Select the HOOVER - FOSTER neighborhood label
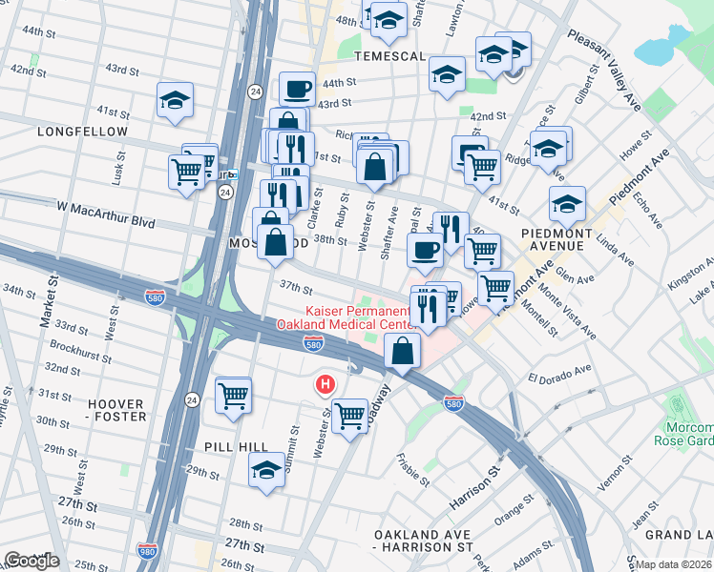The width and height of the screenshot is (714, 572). (x=116, y=410)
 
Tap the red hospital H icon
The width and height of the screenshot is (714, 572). (x=325, y=384)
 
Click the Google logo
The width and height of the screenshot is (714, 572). (x=31, y=561)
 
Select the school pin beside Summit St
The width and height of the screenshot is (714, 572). (x=266, y=467)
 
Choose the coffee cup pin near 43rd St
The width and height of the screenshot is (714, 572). (x=298, y=89)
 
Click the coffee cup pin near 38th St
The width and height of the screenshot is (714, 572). (x=425, y=251)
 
